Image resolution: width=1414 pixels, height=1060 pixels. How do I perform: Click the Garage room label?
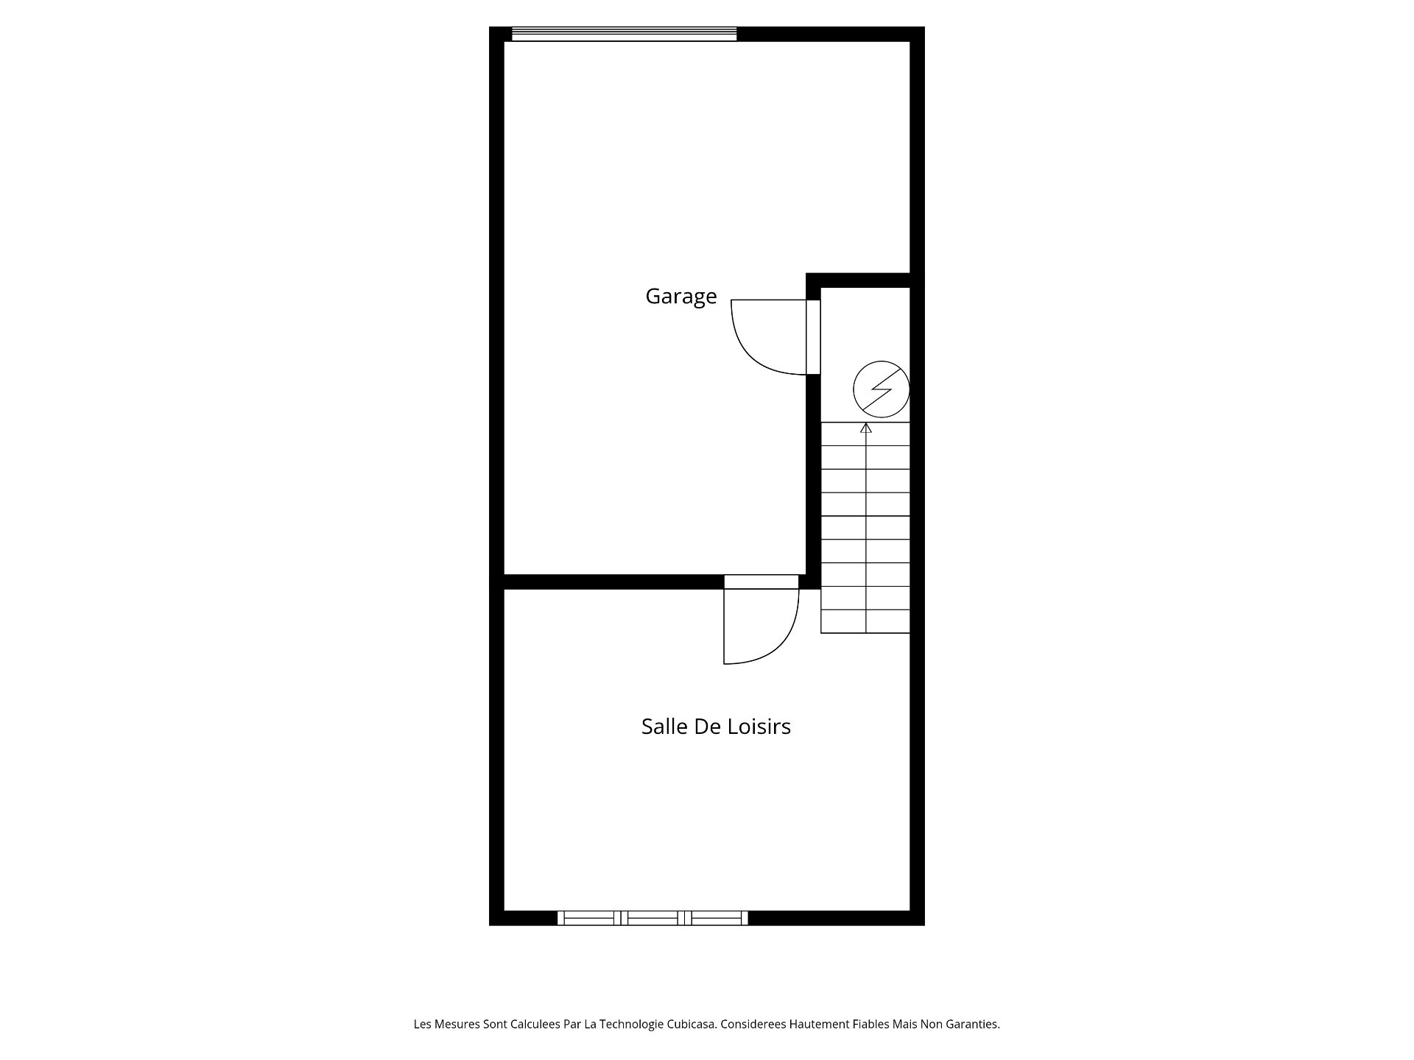[680, 297]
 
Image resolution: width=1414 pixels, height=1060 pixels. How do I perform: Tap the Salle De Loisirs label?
[716, 727]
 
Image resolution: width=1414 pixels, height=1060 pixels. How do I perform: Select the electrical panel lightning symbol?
[882, 389]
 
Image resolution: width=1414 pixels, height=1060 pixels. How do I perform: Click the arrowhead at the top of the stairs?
[866, 428]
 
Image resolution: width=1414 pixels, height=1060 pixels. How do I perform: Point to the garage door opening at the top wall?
[625, 34]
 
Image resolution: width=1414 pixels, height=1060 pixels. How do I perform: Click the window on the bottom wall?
[653, 918]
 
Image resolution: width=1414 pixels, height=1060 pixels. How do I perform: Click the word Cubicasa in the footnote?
[692, 1024]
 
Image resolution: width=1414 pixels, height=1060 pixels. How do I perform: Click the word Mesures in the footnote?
[455, 1024]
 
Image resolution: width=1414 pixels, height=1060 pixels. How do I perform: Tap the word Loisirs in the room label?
[760, 727]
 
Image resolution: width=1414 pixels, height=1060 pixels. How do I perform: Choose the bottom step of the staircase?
[865, 621]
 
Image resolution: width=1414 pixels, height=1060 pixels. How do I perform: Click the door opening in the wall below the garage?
[761, 582]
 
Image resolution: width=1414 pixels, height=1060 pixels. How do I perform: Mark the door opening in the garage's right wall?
[814, 337]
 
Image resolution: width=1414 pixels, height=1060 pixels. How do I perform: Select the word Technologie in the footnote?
[631, 1024]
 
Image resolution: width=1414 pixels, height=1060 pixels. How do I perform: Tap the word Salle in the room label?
[663, 727]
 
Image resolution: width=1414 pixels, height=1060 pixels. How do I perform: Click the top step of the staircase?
[865, 434]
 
